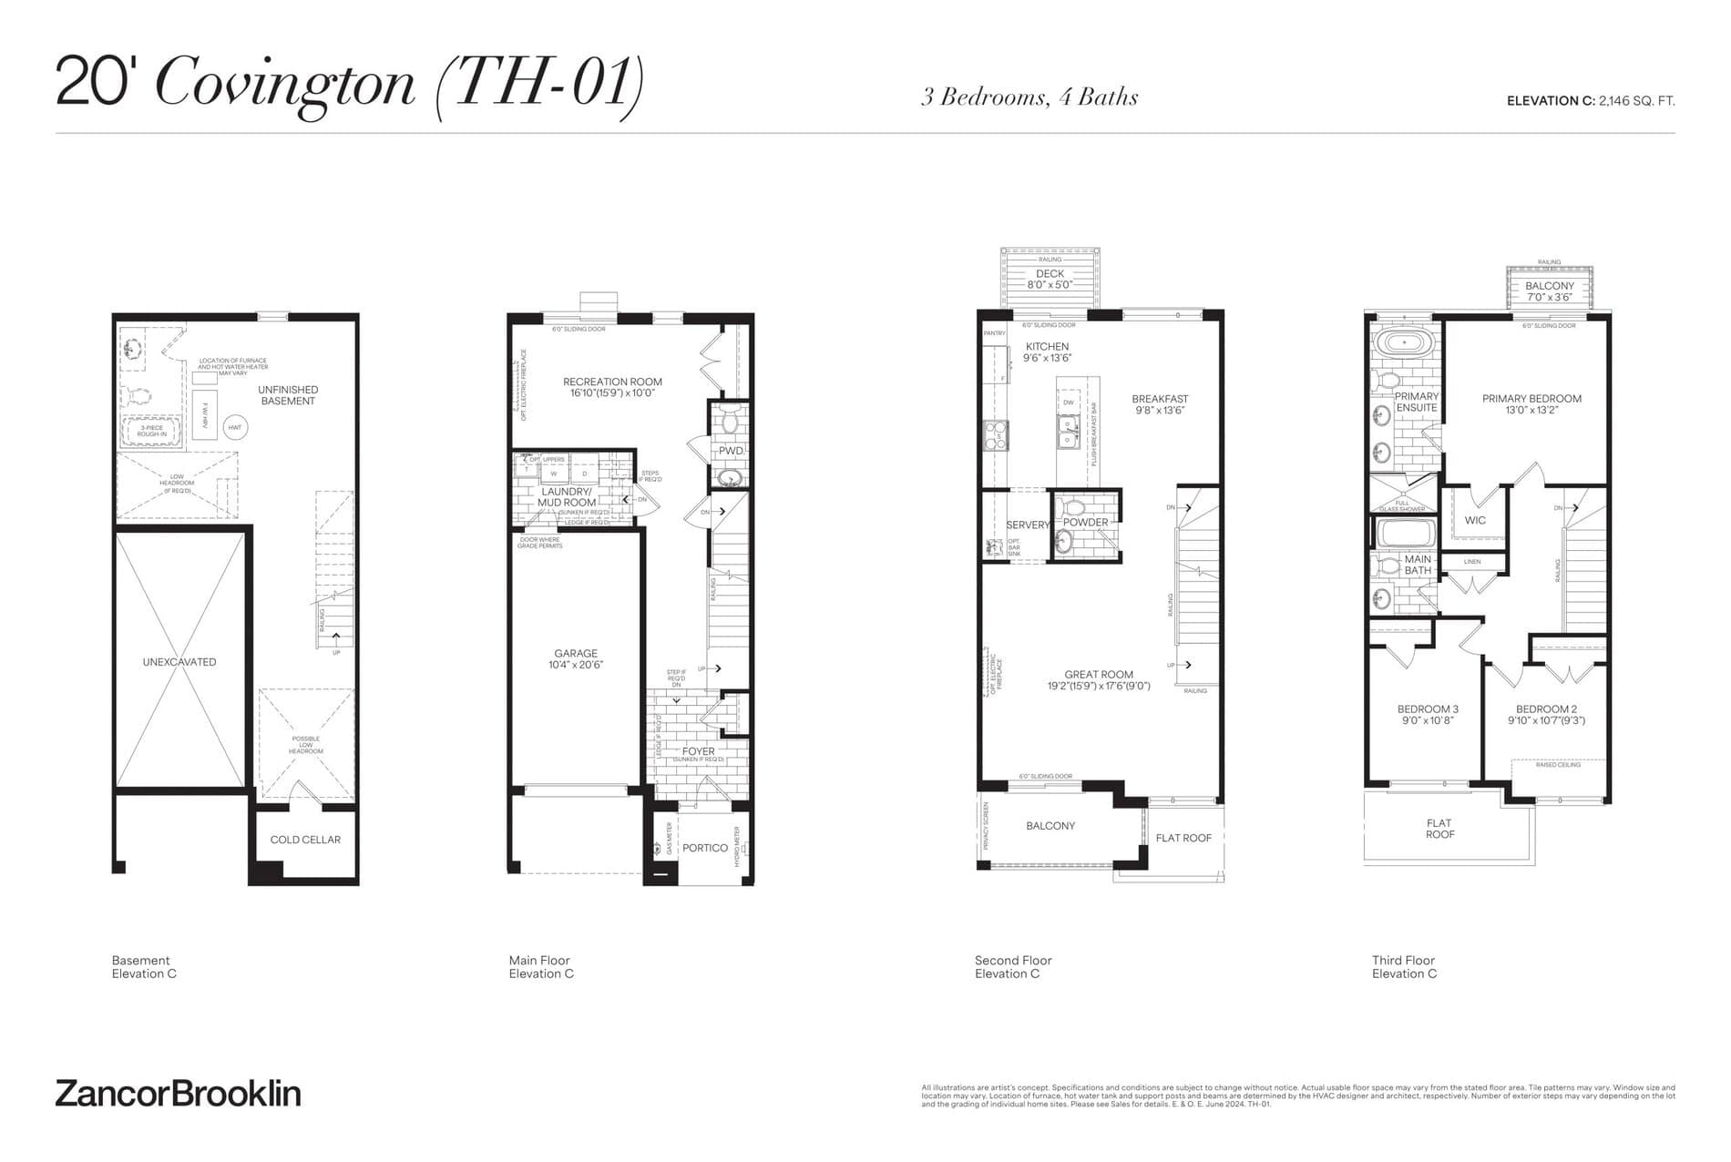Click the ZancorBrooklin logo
tap(178, 1093)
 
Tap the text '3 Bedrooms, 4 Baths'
tap(1029, 97)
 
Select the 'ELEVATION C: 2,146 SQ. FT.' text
tap(1590, 101)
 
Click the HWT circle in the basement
tap(234, 427)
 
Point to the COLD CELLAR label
tap(305, 840)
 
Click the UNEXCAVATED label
tap(179, 662)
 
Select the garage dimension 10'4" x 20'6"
tap(576, 666)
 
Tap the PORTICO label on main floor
tap(705, 848)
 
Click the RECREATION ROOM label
tap(612, 382)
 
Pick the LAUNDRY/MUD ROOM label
tap(567, 497)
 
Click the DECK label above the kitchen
tap(1050, 273)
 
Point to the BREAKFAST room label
tap(1160, 399)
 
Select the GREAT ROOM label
tap(1099, 675)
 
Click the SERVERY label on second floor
tap(1028, 525)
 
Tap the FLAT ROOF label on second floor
tap(1183, 838)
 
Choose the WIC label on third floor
tap(1475, 521)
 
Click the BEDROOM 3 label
tap(1428, 709)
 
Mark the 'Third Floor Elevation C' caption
tap(1404, 967)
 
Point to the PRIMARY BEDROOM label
tap(1531, 399)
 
